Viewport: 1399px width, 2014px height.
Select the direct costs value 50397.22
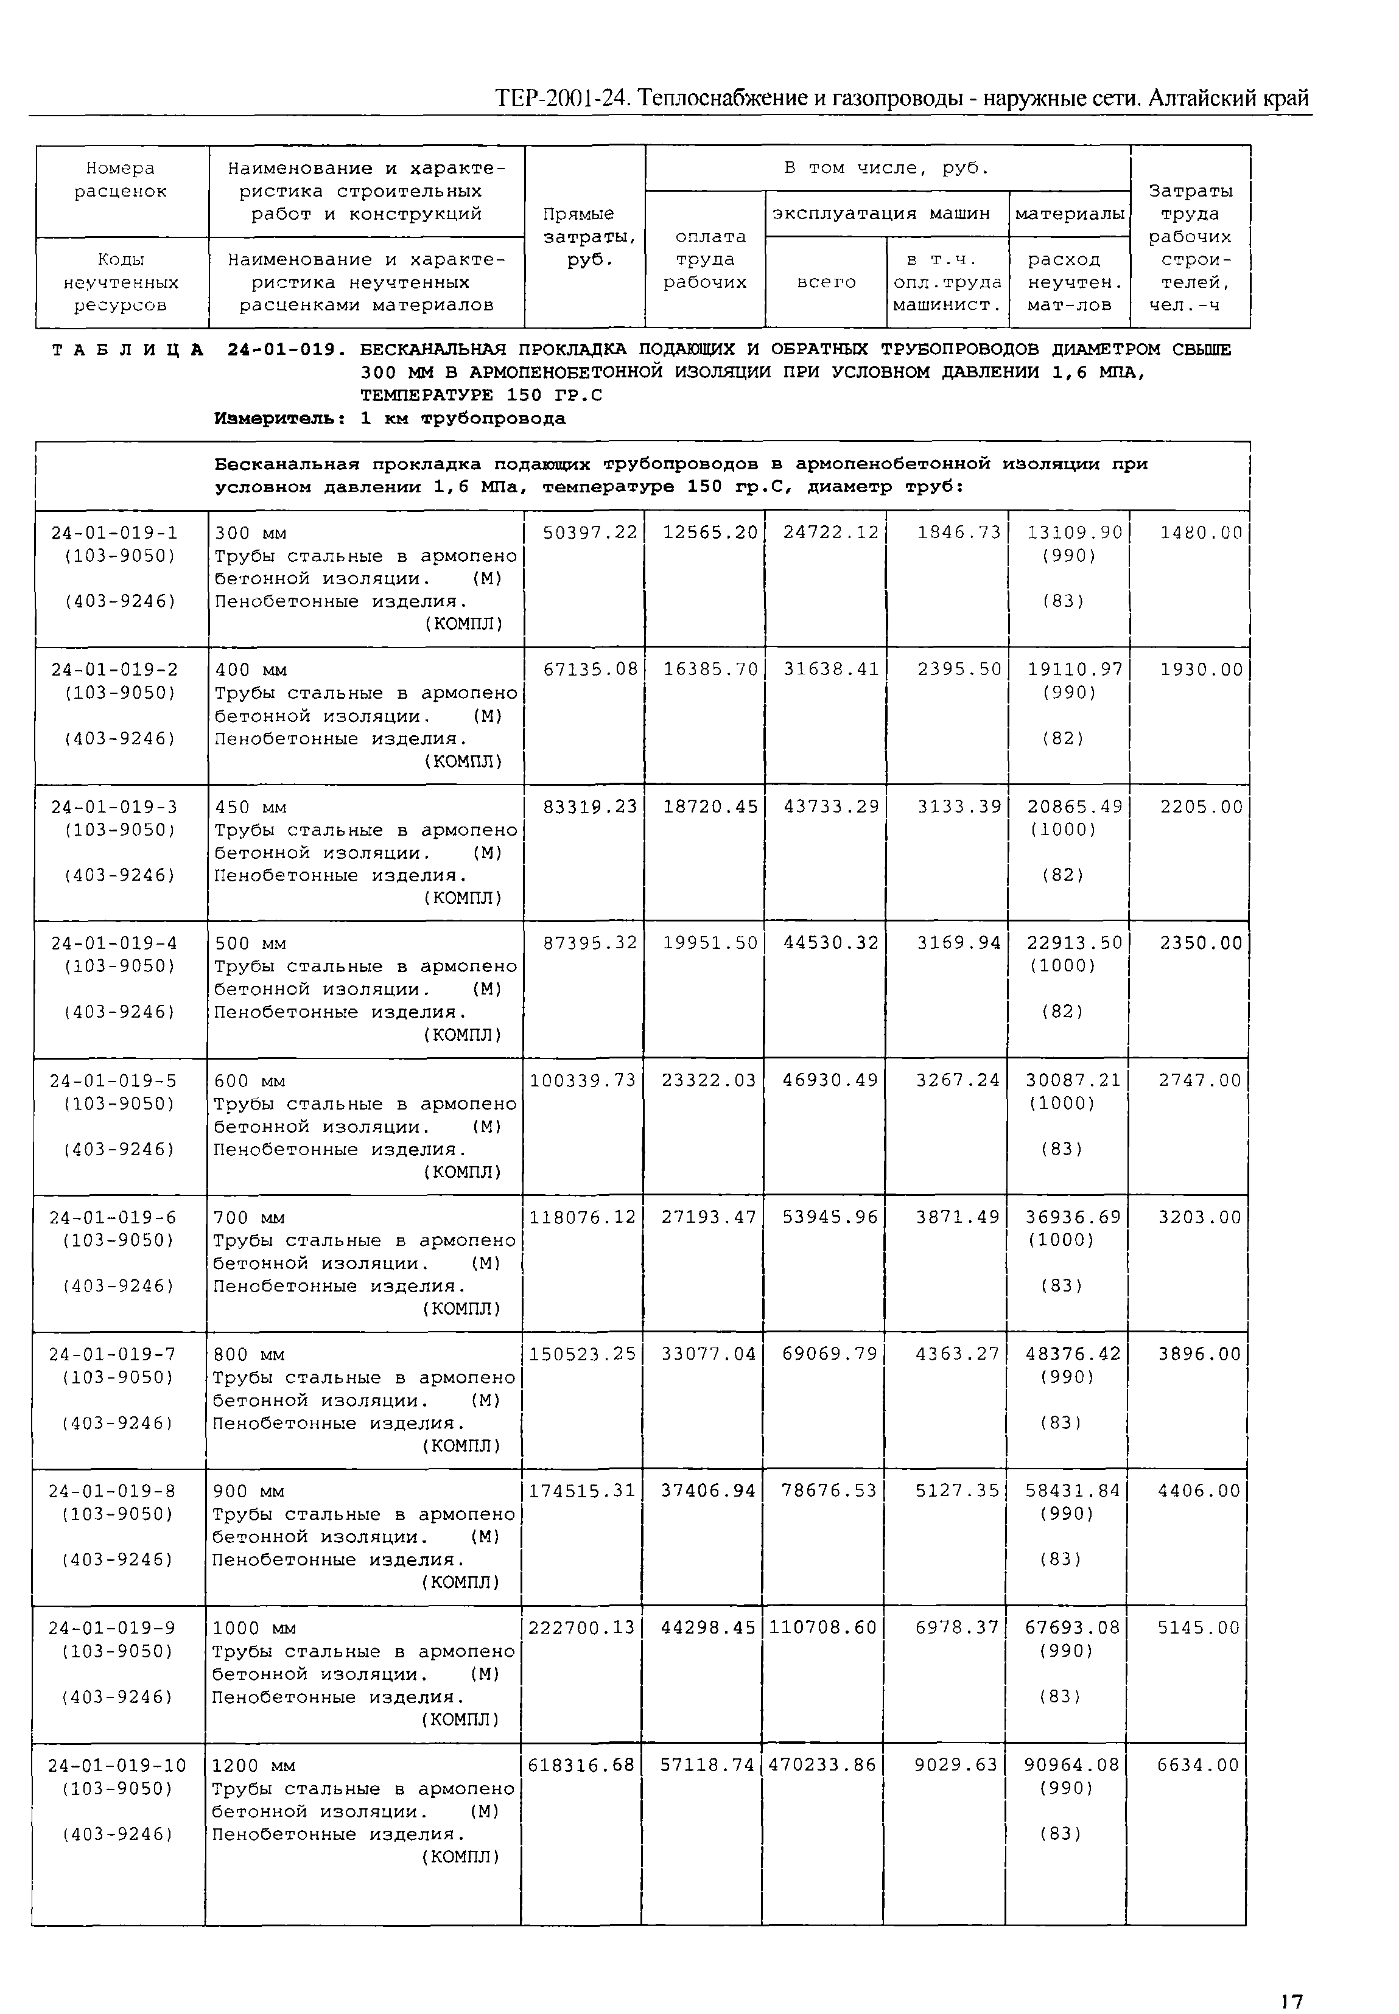point(590,532)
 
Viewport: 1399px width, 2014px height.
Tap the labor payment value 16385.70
point(710,670)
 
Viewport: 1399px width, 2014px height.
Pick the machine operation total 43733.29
point(830,806)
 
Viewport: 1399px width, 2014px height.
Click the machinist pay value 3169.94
point(958,943)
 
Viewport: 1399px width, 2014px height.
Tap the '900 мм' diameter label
point(249,1492)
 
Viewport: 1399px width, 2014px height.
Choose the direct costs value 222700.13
point(582,1628)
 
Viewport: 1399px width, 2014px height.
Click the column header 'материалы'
point(1070,214)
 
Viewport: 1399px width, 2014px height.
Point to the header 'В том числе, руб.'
point(886,168)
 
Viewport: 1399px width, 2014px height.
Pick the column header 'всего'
point(826,282)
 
